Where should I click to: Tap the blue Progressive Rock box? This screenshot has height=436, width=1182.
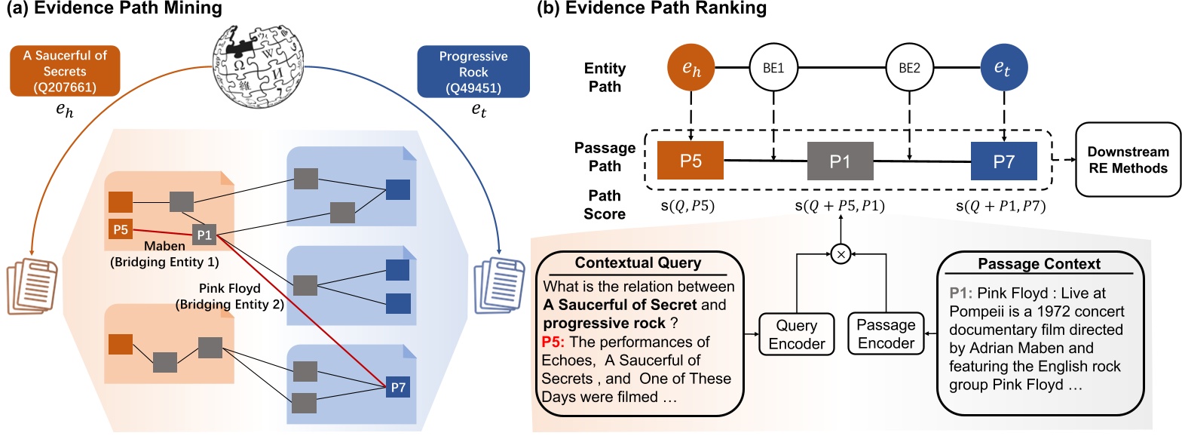pos(463,72)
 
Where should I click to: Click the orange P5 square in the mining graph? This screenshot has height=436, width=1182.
pos(120,229)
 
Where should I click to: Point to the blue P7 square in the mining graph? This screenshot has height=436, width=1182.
pos(397,387)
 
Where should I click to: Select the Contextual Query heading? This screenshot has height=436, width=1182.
pos(640,263)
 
